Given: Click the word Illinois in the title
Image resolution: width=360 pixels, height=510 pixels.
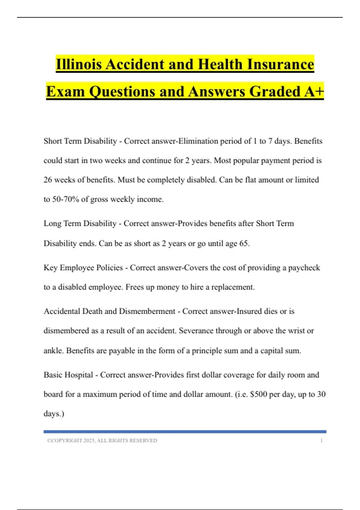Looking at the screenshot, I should point(79,64).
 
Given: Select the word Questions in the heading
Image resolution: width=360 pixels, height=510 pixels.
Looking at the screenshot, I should point(122,91).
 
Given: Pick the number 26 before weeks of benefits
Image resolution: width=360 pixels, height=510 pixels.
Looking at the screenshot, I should point(48,180).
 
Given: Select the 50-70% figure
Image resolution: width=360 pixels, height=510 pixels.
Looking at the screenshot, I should point(65,199).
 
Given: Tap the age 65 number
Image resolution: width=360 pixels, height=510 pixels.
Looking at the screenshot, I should point(244,243).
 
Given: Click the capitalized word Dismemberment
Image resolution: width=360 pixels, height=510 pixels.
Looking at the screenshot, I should point(147,311).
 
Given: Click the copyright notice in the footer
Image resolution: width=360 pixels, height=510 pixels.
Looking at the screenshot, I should point(102,440).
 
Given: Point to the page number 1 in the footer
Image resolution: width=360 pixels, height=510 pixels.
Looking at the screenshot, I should point(322,440).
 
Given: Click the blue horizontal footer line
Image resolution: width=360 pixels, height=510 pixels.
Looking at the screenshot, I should point(185,432).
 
